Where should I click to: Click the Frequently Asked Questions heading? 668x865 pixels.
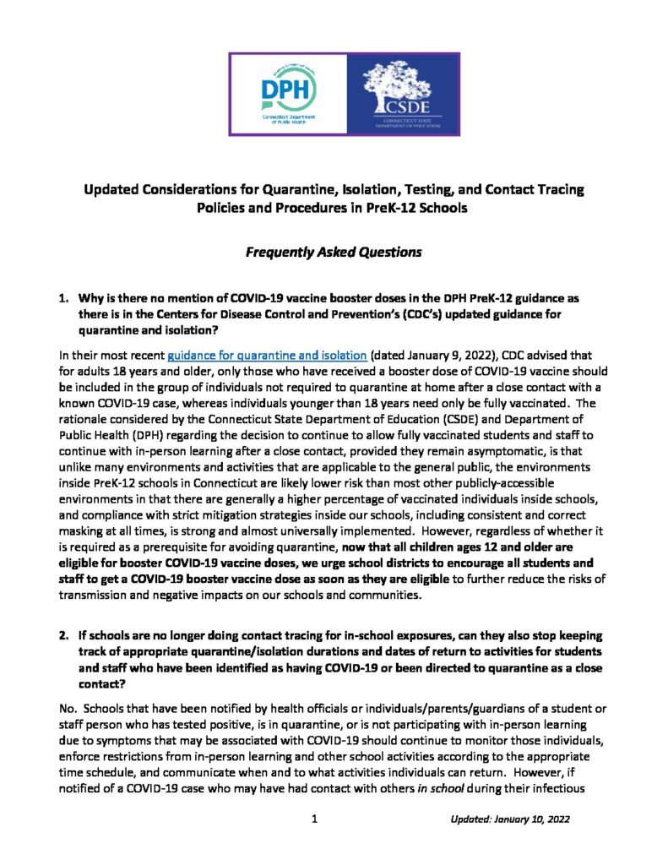(333, 251)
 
